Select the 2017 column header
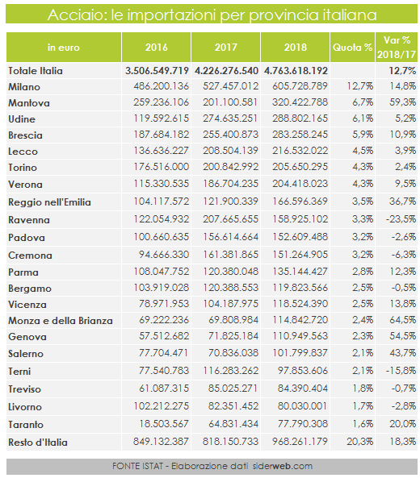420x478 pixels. coord(225,48)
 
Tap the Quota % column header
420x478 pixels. coord(352,48)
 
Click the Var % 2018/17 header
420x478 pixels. coord(397,48)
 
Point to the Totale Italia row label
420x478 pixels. coord(36,71)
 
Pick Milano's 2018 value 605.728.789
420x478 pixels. coord(300,86)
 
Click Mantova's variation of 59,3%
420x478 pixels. coord(402,102)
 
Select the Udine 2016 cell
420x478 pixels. coord(162,118)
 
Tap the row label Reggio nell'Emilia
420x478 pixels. coord(49,202)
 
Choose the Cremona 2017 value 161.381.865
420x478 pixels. coord(231,254)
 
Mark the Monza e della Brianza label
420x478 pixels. coord(61,321)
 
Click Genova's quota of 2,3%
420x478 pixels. coord(363,336)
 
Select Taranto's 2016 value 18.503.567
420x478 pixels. coord(164,423)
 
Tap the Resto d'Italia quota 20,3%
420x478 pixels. coord(359,441)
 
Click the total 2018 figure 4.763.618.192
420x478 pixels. coord(296,71)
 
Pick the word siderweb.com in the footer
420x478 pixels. coord(283,466)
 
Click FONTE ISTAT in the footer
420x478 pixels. coord(137,466)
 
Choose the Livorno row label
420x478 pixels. coord(25,407)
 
